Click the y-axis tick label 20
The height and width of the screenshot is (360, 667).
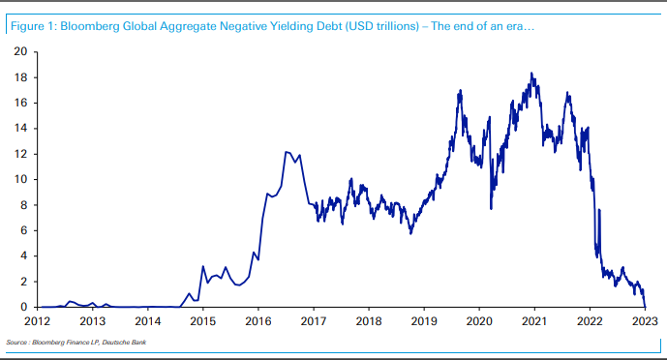19,51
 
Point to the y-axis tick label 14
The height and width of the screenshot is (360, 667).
19,128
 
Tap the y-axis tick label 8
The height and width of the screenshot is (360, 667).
22,204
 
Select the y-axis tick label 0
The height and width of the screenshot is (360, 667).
22,307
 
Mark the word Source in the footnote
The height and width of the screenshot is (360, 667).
16,343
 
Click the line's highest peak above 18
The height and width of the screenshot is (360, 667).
531,73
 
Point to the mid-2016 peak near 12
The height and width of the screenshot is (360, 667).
287,151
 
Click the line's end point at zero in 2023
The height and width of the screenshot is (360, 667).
645,307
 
